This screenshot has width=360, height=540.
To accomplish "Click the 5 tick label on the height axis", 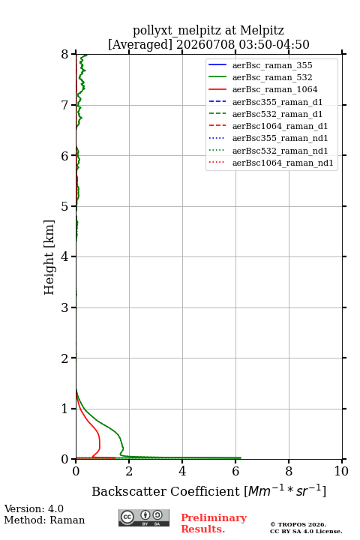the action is point(65,206).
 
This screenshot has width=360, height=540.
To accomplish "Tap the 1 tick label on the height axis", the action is point(65,409).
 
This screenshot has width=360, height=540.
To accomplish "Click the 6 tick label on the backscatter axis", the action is point(235,471).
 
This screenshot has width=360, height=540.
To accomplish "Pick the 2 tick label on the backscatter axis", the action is point(129,471).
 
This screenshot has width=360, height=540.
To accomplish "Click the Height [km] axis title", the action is point(49,257).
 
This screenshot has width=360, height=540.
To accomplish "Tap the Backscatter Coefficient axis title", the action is point(208,490).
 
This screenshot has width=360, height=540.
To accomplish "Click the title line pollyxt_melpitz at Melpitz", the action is point(208,30).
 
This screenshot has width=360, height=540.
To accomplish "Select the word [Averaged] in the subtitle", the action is point(139,44).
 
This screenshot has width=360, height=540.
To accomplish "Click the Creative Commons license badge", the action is point(144,518).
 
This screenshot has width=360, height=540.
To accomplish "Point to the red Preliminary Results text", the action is point(214,523).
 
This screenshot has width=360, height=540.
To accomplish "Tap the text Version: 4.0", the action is point(34,508).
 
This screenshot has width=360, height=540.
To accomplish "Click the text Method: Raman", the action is point(44,520).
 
